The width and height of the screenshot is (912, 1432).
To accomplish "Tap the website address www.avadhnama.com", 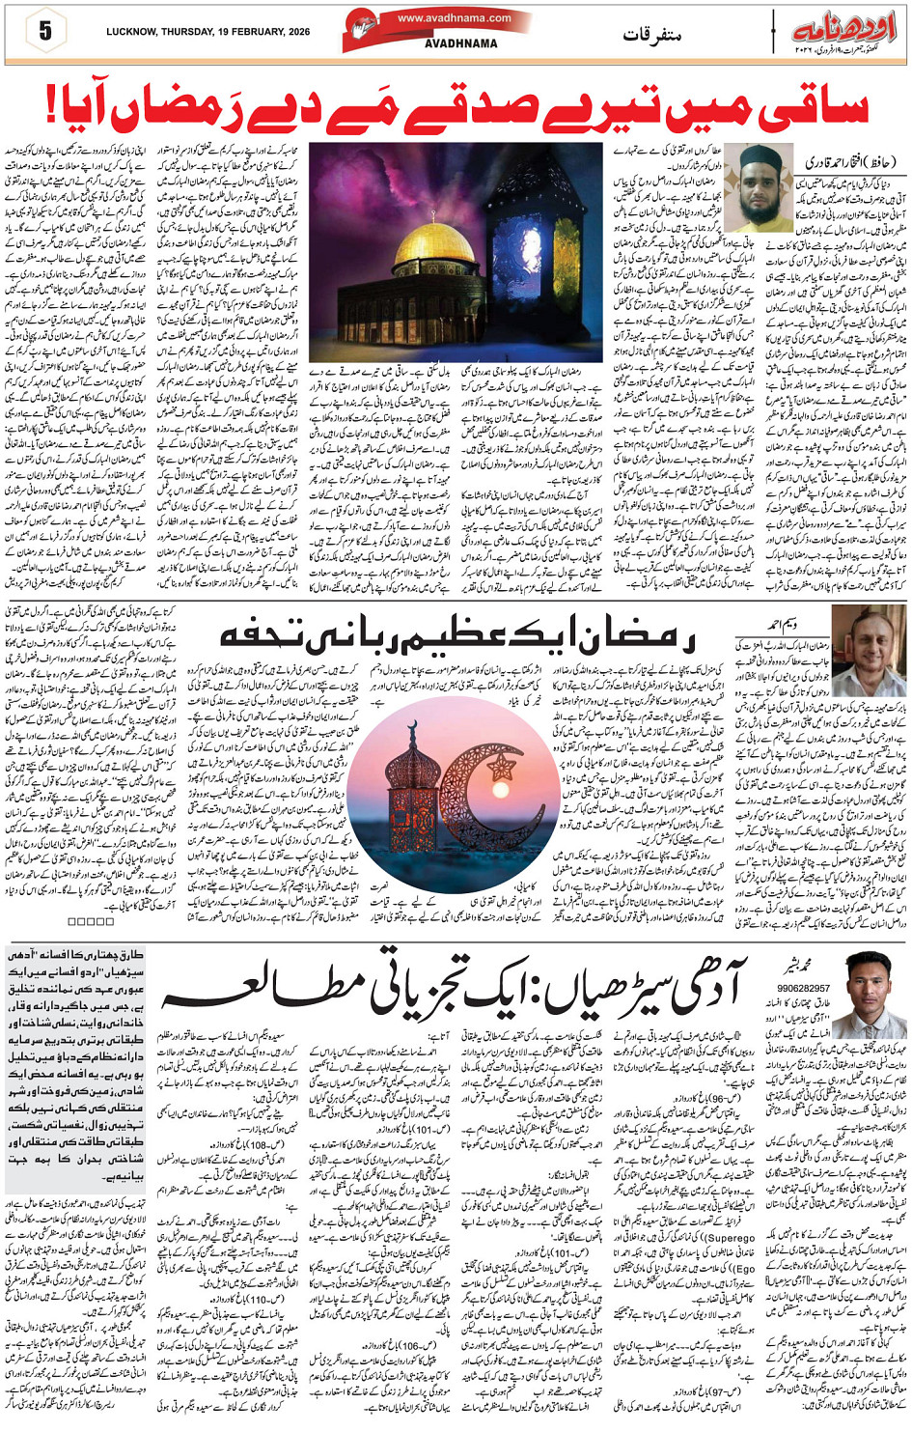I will click(454, 17).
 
